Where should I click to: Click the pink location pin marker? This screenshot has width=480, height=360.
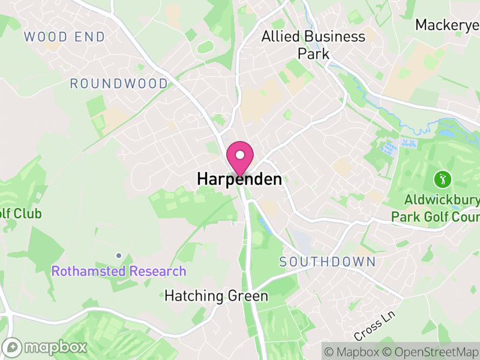[x=240, y=158]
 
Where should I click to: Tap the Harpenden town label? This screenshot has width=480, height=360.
[x=239, y=179]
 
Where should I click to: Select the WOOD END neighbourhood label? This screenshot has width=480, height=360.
[x=64, y=37]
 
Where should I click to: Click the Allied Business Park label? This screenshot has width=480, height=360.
[x=313, y=44]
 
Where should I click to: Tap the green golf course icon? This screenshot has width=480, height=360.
[x=442, y=178]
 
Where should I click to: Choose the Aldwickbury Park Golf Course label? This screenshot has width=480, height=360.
[x=435, y=208]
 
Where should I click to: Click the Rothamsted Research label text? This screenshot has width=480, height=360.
[x=119, y=271]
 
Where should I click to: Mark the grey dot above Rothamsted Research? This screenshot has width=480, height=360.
[x=119, y=256]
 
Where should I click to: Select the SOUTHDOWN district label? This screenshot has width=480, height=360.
[x=328, y=262]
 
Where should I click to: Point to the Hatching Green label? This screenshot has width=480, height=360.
[x=216, y=296]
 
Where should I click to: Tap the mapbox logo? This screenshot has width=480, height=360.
[x=45, y=347]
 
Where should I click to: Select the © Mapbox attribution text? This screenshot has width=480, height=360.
[x=354, y=350]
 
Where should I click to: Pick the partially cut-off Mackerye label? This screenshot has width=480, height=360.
[x=447, y=25]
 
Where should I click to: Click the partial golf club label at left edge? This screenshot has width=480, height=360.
[x=20, y=213]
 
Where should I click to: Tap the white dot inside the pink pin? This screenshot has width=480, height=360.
[x=240, y=155]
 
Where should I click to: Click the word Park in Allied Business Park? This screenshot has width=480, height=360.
[x=314, y=53]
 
